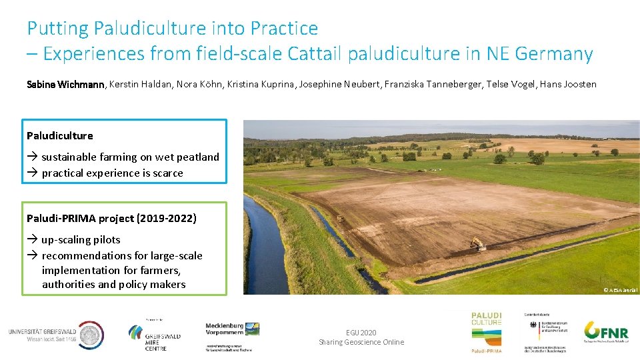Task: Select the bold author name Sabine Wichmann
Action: (65, 85)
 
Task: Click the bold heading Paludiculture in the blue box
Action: (60, 135)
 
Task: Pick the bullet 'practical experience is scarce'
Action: (112, 173)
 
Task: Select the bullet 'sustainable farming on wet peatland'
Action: (130, 157)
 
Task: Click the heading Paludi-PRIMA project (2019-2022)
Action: (111, 218)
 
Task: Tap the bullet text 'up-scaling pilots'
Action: (81, 239)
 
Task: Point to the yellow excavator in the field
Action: (477, 244)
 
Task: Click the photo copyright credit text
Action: (620, 289)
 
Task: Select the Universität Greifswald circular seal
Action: (91, 334)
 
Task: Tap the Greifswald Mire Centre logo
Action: (153, 337)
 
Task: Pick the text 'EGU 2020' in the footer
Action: (361, 332)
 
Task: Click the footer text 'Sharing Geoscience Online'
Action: (361, 342)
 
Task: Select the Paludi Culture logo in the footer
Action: (487, 331)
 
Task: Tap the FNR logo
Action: (605, 331)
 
